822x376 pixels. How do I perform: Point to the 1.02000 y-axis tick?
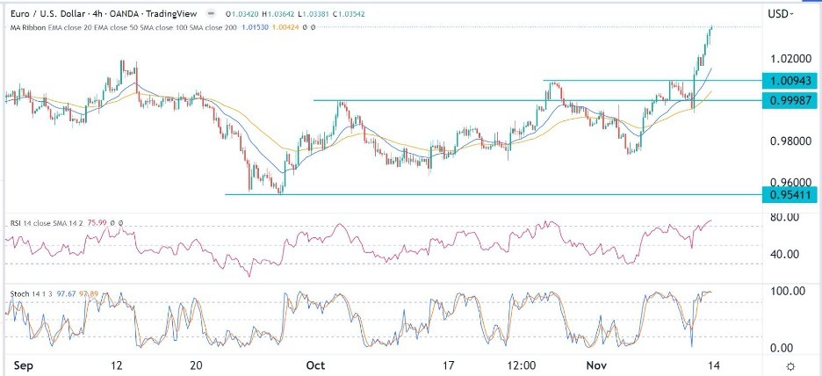(788, 59)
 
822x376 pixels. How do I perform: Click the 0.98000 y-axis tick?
(788, 141)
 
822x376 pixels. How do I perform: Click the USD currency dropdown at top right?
(780, 13)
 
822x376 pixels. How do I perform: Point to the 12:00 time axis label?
(520, 365)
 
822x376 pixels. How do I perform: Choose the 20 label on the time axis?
(195, 365)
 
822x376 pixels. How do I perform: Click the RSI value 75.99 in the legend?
(105, 223)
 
